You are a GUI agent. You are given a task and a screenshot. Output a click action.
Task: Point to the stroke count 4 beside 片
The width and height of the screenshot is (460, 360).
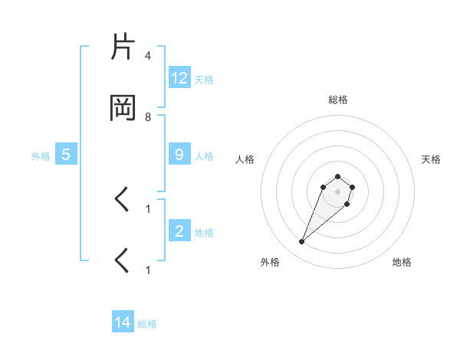click(x=148, y=56)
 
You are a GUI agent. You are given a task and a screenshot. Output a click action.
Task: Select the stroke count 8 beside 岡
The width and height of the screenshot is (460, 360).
click(x=148, y=117)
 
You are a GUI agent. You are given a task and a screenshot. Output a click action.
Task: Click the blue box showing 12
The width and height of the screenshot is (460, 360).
click(x=179, y=78)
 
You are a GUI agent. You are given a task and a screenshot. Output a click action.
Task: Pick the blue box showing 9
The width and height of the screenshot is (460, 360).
click(x=179, y=155)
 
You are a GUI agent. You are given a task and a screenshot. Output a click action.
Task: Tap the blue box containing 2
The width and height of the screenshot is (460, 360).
click(x=179, y=231)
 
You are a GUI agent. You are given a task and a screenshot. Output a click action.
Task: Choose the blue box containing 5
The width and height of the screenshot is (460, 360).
click(x=66, y=155)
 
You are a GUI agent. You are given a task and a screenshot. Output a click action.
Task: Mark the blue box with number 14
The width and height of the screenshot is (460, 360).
click(x=123, y=323)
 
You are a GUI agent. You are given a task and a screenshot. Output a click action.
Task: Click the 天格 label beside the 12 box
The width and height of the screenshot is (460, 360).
click(x=204, y=79)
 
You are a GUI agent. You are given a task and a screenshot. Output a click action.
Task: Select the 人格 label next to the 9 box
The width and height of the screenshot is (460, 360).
click(x=204, y=155)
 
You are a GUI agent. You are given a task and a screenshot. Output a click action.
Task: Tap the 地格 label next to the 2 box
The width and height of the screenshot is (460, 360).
click(x=204, y=232)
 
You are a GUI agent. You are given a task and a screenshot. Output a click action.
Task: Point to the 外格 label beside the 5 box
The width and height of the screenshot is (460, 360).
click(x=41, y=155)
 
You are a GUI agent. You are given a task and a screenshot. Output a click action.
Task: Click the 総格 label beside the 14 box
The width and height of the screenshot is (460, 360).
click(x=147, y=324)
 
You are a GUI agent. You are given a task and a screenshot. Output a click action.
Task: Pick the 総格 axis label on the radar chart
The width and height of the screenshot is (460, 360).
click(x=337, y=100)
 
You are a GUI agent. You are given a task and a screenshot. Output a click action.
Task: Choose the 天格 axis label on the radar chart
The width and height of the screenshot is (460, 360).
click(x=431, y=159)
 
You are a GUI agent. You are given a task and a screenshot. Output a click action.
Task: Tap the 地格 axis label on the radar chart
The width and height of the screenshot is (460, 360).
click(x=402, y=262)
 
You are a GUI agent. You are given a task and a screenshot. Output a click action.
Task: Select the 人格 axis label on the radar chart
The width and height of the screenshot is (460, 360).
click(x=245, y=159)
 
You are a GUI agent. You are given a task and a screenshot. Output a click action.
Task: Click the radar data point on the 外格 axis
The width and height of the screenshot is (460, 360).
click(x=302, y=242)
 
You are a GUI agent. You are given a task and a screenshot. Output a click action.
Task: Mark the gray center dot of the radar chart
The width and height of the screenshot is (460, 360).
click(x=337, y=191)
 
